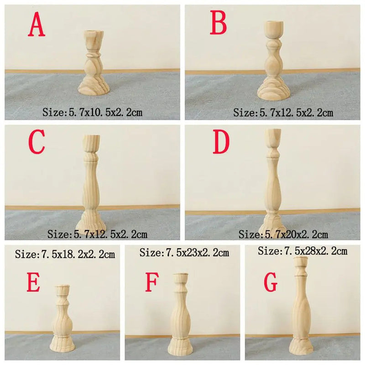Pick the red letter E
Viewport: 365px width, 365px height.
tap(33, 282)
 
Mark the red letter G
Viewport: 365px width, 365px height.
tap(271, 282)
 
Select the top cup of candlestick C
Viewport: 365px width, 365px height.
tap(92, 143)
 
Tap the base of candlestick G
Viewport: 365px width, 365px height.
tap(301, 347)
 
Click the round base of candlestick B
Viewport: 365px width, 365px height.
tap(274, 89)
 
